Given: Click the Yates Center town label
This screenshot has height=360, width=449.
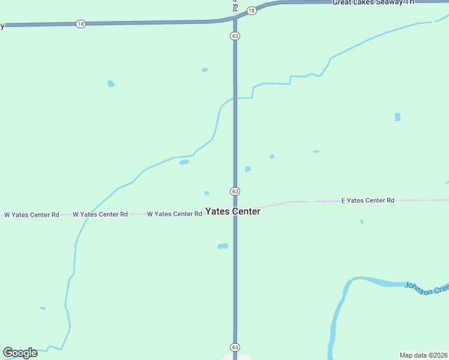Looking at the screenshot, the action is [233, 212].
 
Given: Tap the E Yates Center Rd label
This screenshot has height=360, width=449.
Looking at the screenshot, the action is [367, 200].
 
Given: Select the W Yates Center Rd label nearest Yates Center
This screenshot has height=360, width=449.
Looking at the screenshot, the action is [174, 214].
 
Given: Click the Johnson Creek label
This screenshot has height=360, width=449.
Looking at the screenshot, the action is [426, 288].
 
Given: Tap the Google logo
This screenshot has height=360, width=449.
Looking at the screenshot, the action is [20, 353].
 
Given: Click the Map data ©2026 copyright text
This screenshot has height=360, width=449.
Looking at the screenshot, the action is [423, 355].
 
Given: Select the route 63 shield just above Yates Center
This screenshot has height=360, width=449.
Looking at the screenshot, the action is [235, 191].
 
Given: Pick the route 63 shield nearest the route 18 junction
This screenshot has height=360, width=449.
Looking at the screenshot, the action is [235, 36].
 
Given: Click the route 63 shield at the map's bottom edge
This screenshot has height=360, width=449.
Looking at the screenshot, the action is [235, 347].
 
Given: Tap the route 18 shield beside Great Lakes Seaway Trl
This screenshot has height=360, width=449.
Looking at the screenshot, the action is [252, 10].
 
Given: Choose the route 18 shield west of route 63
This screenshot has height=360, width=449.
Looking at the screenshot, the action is [81, 24].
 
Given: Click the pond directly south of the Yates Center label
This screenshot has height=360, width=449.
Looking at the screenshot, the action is [223, 246].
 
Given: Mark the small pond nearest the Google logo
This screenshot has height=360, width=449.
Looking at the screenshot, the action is [43, 308].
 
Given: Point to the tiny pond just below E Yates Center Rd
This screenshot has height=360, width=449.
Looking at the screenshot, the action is [361, 222].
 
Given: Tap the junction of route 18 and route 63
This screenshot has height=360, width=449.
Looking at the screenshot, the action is [235, 18].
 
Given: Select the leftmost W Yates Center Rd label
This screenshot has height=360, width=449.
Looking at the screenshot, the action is [31, 214].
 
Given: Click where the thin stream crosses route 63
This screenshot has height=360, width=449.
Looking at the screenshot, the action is [235, 98].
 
